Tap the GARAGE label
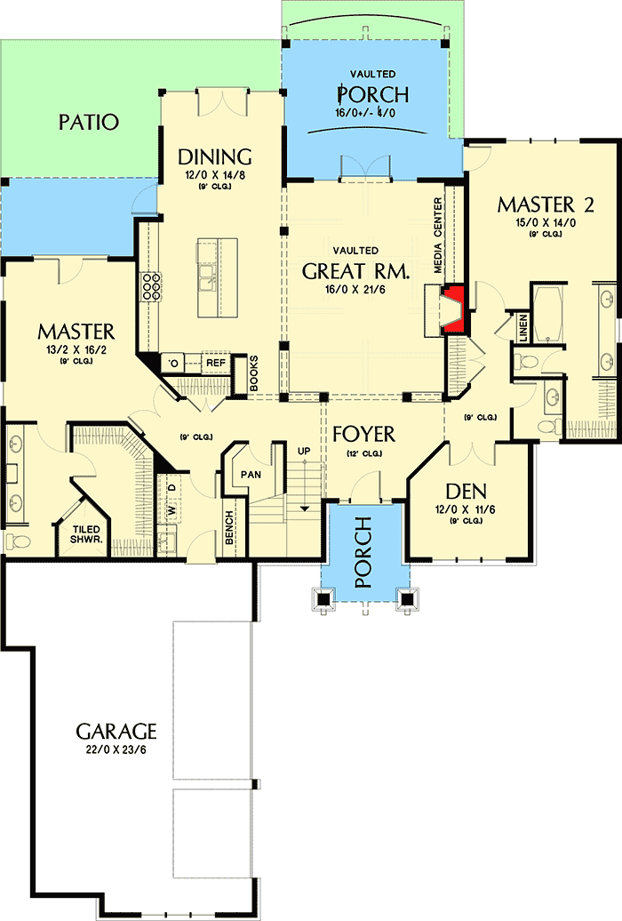[x=116, y=732]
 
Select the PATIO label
[x=89, y=122]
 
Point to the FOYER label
[x=364, y=435]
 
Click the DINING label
[x=215, y=156]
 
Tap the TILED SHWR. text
[x=86, y=533]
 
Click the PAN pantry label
[x=251, y=474]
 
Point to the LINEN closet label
[x=523, y=328]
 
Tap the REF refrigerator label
[x=215, y=363]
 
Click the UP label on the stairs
[x=304, y=452]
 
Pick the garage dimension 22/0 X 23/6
[x=116, y=751]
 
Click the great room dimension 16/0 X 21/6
[x=355, y=290]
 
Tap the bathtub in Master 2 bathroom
[x=543, y=314]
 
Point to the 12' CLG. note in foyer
[x=364, y=454]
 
